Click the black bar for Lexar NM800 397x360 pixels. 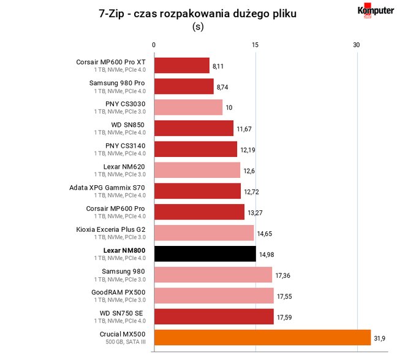click(205, 254)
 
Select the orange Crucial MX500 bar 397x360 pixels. click(263, 337)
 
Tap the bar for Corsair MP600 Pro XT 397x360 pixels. click(182, 66)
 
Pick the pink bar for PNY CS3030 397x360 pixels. click(188, 107)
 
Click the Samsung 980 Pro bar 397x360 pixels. click(184, 86)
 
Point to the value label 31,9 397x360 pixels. click(379, 338)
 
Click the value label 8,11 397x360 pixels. click(218, 66)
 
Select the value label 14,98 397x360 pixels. click(267, 255)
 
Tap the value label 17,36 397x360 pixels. click(283, 275)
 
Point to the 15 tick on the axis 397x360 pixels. click(255, 45)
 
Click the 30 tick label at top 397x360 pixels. click(357, 45)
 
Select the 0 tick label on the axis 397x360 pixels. click(154, 45)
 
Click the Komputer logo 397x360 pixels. click(376, 10)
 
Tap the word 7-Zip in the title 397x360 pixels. click(112, 13)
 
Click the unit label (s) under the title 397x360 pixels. click(198, 26)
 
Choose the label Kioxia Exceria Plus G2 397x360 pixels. click(111, 229)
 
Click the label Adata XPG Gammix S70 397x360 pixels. click(107, 188)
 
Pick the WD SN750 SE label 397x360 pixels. click(121, 313)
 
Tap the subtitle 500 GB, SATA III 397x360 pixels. click(126, 342)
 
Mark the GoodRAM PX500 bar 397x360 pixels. click(214, 296)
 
